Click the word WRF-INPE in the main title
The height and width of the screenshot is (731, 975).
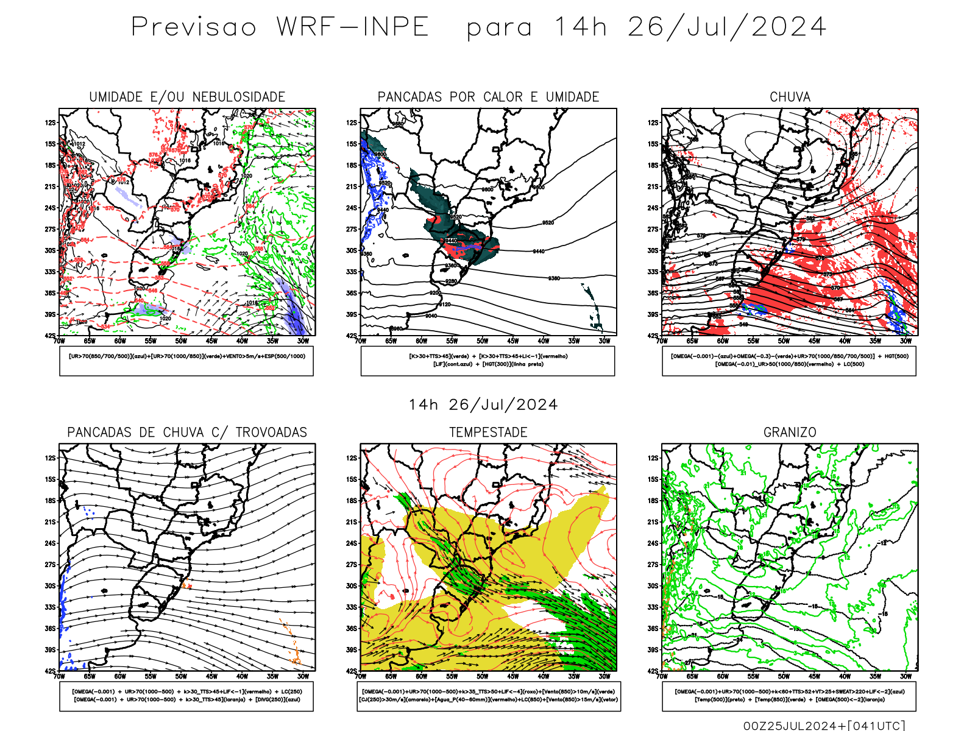pos(353,27)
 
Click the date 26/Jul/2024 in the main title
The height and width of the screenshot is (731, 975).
pos(727,27)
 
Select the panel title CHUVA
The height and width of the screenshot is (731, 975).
pos(790,97)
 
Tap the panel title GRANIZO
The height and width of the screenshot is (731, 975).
pos(790,433)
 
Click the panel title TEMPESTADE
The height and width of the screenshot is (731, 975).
pos(488,433)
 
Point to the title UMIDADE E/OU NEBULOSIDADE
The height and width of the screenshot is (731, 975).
pos(187,97)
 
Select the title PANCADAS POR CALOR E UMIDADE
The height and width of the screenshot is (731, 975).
pos(488,97)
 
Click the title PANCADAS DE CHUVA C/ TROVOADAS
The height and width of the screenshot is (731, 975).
pos(187,433)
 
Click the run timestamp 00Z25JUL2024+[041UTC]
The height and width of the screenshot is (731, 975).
pos(824,726)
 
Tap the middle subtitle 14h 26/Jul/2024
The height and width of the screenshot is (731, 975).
pos(483,405)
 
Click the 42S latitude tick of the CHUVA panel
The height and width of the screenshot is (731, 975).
pos(653,336)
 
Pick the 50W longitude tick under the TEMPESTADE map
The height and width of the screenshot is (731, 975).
pos(482,677)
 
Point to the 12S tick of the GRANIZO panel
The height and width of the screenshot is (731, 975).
pos(653,458)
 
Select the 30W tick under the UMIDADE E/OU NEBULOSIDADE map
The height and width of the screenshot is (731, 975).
pos(303,341)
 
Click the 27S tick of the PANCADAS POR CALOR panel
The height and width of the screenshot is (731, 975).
pos(352,230)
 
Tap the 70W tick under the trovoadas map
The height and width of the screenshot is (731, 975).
pos(59,677)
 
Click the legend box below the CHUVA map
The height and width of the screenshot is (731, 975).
pos(789,361)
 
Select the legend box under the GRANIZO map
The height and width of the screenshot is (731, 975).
pos(789,696)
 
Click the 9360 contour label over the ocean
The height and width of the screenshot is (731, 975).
pos(554,278)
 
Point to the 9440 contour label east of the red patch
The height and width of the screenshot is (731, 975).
pos(539,252)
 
